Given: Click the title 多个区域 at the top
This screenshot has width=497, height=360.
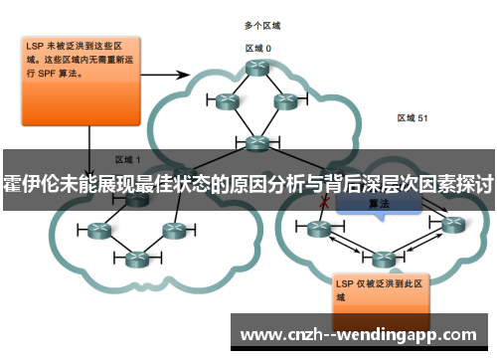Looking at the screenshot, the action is [x=261, y=24].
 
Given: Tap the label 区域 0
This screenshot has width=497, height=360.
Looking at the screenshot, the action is [x=258, y=47].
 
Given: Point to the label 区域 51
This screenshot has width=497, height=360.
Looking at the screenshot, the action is [x=412, y=117].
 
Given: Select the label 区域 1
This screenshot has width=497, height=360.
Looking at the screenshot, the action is [x=128, y=158].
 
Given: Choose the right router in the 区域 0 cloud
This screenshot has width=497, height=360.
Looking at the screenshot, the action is [x=286, y=100].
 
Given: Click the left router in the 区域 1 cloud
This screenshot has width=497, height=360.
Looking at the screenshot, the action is [x=98, y=231].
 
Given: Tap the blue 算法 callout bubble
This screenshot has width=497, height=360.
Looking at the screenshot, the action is [x=378, y=203].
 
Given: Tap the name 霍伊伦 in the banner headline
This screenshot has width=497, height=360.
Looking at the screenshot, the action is [x=29, y=186].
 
